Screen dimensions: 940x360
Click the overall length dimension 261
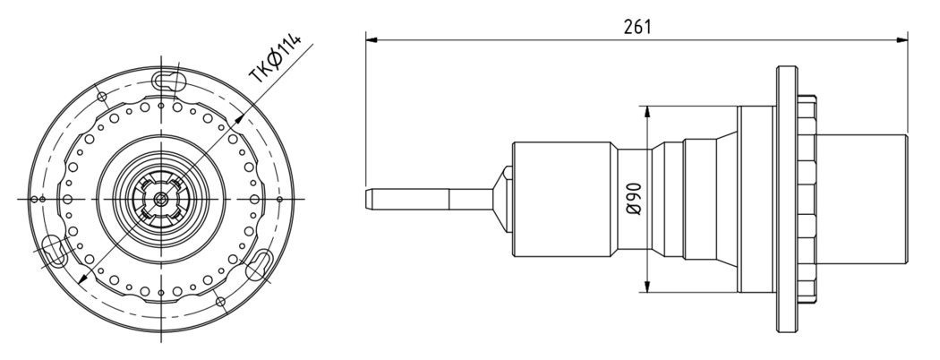pyautogui.click(x=637, y=27)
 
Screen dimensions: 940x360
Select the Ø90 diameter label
pyautogui.click(x=634, y=199)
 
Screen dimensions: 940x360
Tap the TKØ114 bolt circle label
pyautogui.click(x=276, y=58)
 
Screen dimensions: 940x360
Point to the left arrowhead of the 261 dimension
pyautogui.click(x=372, y=40)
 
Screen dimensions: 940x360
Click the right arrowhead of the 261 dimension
pyautogui.click(x=902, y=40)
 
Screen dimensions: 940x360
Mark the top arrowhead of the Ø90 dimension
pyautogui.click(x=646, y=112)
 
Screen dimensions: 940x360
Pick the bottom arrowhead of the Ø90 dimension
pyautogui.click(x=646, y=287)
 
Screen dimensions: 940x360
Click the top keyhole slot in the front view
pyautogui.click(x=168, y=80)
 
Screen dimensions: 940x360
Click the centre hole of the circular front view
pyautogui.click(x=160, y=199)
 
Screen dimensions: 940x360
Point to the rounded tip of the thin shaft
pyautogui.click(x=367, y=199)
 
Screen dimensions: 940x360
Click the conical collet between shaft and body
pyautogui.click(x=502, y=199)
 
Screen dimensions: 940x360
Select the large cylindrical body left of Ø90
pyautogui.click(x=562, y=199)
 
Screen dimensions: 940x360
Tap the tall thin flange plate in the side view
pyautogui.click(x=787, y=199)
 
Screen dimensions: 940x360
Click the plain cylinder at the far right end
pyautogui.click(x=861, y=199)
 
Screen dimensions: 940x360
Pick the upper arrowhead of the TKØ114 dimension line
pyautogui.click(x=239, y=120)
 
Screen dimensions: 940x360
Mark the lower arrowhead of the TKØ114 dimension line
pyautogui.click(x=82, y=278)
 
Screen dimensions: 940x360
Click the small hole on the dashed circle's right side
pyautogui.click(x=279, y=199)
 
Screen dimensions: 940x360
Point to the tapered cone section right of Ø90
pyautogui.click(x=727, y=199)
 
